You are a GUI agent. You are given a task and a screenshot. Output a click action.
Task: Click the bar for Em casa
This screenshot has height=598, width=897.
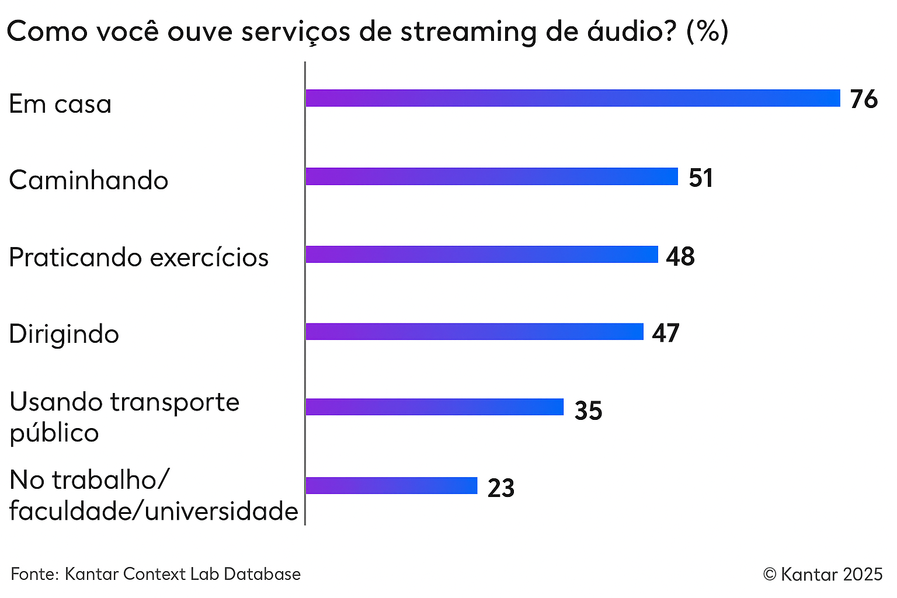click(x=572, y=98)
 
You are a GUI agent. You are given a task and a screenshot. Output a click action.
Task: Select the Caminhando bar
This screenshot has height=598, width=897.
click(x=491, y=176)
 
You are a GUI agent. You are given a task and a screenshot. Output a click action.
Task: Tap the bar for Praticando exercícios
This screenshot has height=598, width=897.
click(x=481, y=255)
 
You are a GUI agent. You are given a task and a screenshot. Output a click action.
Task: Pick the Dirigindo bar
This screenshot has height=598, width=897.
click(x=474, y=332)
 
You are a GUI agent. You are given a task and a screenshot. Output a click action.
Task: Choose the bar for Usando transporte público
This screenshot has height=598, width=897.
click(x=434, y=407)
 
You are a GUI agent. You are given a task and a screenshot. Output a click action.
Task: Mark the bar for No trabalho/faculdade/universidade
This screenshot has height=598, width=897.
click(x=391, y=485)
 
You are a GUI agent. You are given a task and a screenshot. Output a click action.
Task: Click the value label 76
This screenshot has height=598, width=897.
click(x=864, y=99)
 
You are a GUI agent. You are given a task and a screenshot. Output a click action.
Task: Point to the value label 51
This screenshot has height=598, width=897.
click(x=701, y=178)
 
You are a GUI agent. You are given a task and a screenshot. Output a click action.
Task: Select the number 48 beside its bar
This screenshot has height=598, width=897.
click(x=680, y=256)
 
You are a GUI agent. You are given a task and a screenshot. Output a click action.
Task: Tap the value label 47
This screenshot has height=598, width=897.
click(x=666, y=333)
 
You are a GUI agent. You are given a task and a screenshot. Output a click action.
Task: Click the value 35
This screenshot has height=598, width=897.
click(x=588, y=411)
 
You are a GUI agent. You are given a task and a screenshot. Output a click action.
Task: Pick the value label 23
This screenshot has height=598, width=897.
click(x=501, y=488)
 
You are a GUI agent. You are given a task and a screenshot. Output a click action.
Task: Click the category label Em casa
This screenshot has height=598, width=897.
click(x=60, y=105)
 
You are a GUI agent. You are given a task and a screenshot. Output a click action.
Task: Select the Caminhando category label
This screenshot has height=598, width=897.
click(x=89, y=180)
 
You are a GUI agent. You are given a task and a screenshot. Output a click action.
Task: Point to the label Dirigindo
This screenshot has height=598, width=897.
click(x=64, y=334)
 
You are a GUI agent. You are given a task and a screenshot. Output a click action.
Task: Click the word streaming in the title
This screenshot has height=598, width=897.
click(x=468, y=32)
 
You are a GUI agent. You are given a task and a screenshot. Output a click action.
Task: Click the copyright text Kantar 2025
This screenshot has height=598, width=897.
click(x=823, y=575)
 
